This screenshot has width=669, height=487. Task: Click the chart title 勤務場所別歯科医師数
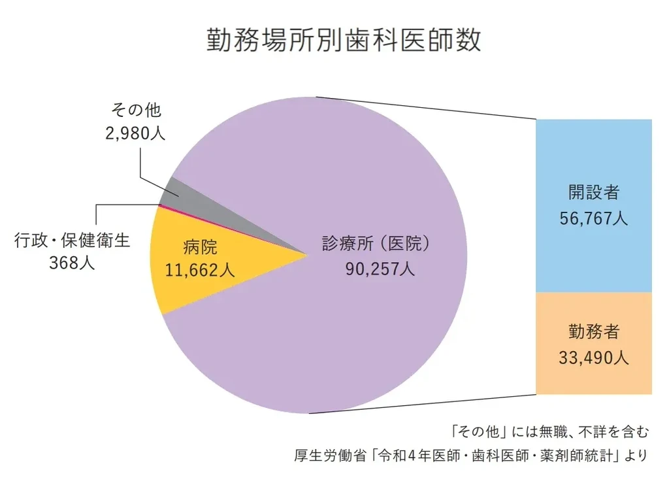tap(344, 40)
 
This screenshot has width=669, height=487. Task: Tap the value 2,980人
tap(135, 133)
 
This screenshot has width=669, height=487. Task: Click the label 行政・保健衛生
tap(73, 241)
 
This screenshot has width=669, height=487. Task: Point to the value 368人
tap(73, 263)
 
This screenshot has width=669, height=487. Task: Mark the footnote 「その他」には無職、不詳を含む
tap(549, 431)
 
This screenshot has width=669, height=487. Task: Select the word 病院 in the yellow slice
tap(199, 247)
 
